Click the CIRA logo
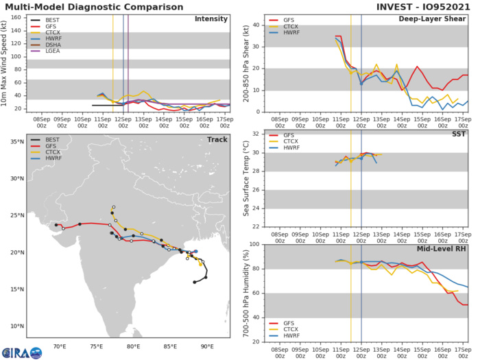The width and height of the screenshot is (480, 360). tap(21, 351)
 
